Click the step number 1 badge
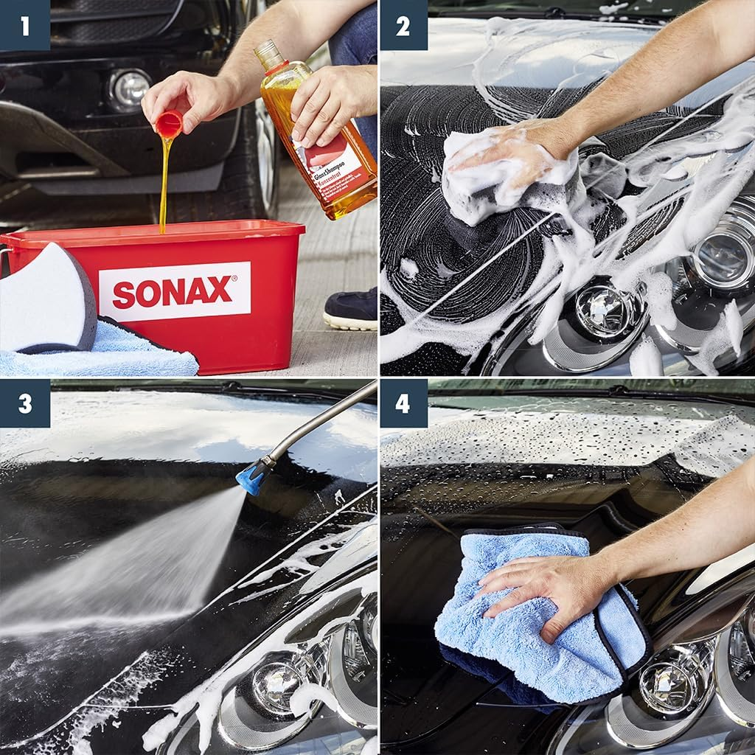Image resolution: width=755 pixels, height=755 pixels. (x=25, y=25)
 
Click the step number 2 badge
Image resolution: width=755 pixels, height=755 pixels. (x=403, y=25)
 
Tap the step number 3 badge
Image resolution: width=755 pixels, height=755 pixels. (x=25, y=403)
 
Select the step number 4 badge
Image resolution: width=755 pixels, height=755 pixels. (x=403, y=403)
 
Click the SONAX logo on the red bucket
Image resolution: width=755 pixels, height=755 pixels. (x=175, y=291)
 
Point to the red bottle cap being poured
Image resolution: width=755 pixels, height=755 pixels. (x=169, y=123)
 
